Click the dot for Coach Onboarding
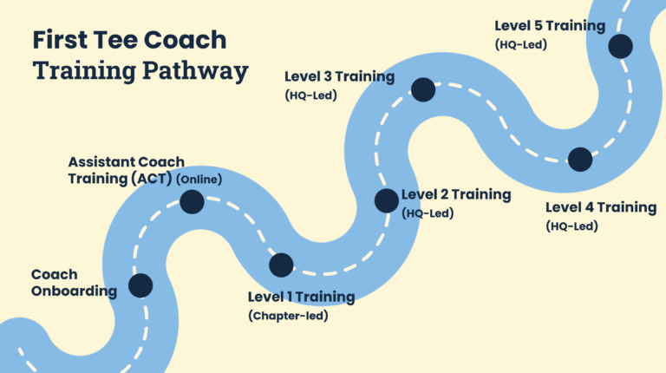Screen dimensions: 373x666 coord(140,285)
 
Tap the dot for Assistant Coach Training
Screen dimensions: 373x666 coord(192,202)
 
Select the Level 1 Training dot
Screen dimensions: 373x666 coord(281,265)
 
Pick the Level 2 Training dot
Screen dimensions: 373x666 coord(386,200)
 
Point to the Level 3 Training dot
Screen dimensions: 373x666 coord(423,88)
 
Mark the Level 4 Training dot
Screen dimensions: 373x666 coord(580,159)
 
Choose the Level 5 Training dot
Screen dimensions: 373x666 coord(621,46)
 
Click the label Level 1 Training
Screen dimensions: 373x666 coord(301,297)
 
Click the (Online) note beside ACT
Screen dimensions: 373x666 coord(199,180)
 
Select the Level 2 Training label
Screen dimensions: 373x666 coord(456,194)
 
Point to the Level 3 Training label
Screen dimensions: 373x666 coord(340,76)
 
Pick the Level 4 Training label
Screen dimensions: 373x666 coord(601,207)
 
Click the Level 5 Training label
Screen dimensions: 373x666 coord(550,26)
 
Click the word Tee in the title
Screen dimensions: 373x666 coord(121,40)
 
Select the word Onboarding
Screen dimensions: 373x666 coord(74,291)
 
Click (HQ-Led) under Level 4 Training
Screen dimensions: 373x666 coord(572,226)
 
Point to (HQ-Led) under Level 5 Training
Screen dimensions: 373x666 coord(520,44)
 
